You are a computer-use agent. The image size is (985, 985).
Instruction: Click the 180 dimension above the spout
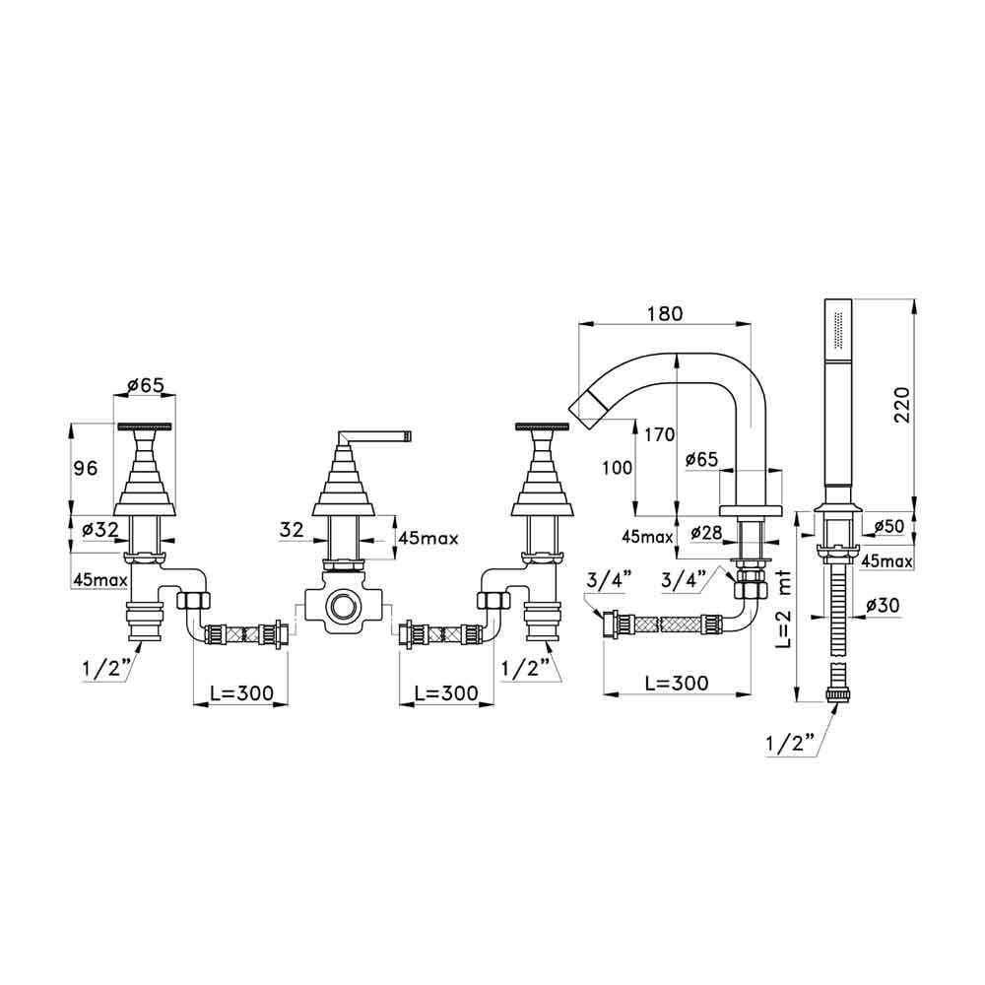[x=666, y=314]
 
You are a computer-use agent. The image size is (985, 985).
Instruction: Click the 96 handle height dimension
[x=87, y=469]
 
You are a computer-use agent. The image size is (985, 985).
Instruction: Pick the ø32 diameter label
[x=100, y=529]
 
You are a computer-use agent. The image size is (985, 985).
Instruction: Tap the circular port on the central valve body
[x=343, y=603]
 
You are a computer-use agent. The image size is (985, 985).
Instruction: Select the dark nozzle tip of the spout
[x=585, y=405]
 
